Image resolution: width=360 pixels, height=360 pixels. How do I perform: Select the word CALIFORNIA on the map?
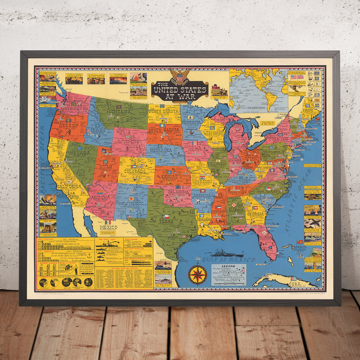[x=69, y=186]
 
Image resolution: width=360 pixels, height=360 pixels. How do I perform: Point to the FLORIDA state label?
[x=266, y=242]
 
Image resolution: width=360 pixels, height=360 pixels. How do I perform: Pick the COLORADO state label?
[x=134, y=171]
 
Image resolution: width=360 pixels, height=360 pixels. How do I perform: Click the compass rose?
[x=198, y=275]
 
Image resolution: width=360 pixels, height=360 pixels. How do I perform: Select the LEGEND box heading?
[x=228, y=266]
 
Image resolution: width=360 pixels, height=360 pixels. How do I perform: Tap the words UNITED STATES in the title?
[x=180, y=89]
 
